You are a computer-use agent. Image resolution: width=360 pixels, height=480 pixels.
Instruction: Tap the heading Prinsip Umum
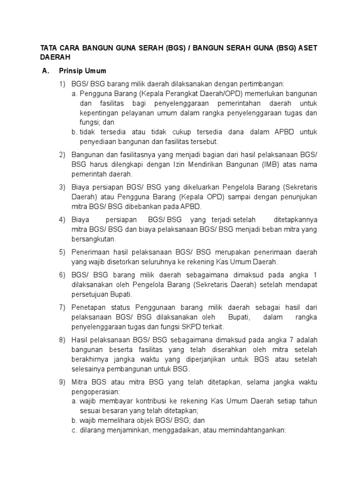click(82, 71)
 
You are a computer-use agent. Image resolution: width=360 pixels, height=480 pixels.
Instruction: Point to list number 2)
click(62, 155)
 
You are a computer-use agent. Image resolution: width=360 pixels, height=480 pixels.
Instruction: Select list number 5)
click(62, 252)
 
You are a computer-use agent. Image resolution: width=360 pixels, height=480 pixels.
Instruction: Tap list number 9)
click(62, 382)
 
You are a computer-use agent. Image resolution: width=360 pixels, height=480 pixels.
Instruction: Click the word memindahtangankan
click(253, 430)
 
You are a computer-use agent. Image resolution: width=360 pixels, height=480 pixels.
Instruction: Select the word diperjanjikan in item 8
click(207, 360)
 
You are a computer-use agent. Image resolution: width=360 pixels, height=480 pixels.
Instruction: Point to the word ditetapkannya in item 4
click(295, 220)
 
